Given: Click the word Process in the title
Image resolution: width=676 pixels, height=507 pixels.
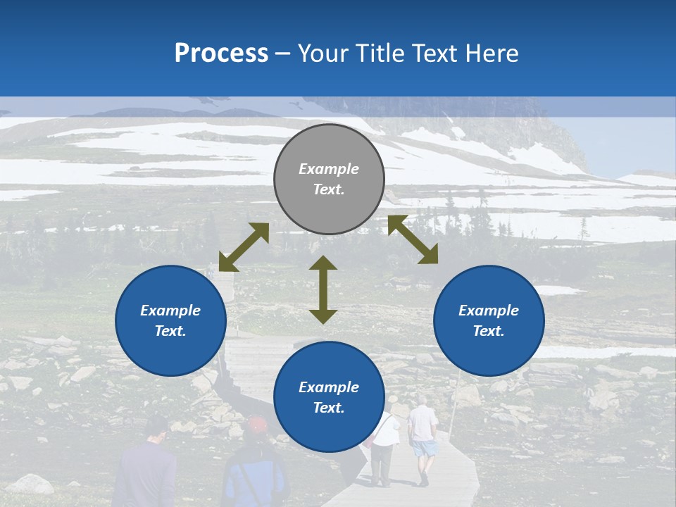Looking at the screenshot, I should [x=221, y=54].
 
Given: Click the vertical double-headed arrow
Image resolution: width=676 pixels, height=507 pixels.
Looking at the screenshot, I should [x=323, y=289].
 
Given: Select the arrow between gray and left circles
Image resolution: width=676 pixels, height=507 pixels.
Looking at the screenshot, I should [x=244, y=247].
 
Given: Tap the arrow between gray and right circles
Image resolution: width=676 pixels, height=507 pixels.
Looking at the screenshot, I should [x=413, y=239].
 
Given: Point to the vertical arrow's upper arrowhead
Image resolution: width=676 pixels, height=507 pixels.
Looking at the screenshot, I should [x=323, y=263].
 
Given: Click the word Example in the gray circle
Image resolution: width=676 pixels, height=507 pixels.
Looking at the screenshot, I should [x=329, y=169].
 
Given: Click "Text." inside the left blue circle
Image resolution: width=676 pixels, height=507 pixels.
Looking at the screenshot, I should [x=170, y=331].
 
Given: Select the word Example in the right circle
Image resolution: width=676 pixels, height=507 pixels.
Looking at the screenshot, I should [x=489, y=311].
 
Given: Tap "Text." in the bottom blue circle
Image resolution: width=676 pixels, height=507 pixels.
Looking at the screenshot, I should [x=329, y=408].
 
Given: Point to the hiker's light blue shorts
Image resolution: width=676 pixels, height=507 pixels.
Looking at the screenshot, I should [x=424, y=448].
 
